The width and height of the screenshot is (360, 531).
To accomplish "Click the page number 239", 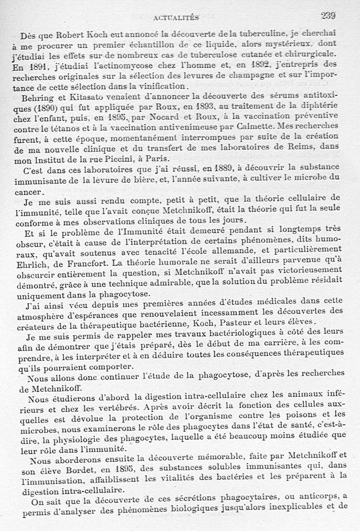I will click(x=328, y=15).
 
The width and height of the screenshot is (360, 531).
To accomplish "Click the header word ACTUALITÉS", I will click(x=176, y=18).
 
